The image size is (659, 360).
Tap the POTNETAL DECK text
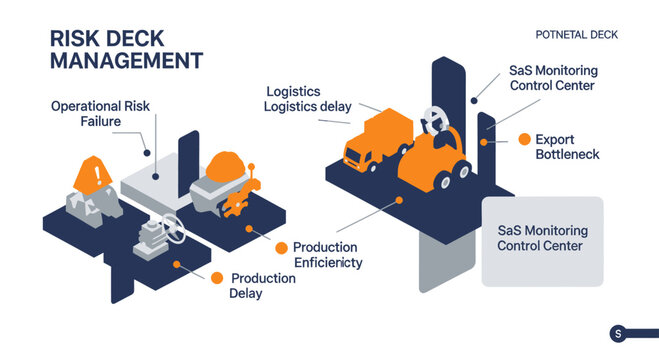coord(577,34)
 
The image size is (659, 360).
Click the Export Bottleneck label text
coord(567,147)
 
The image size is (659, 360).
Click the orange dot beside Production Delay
coord(216,278)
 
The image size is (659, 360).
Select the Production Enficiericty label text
coord(327,254)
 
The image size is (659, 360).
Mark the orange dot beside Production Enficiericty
coord(282,247)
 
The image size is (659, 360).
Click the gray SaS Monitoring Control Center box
coord(542,241)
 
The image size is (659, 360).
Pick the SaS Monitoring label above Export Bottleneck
coord(553,78)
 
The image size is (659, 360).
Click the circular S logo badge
coord(617,334)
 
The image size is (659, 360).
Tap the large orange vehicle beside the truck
coord(436,159)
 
